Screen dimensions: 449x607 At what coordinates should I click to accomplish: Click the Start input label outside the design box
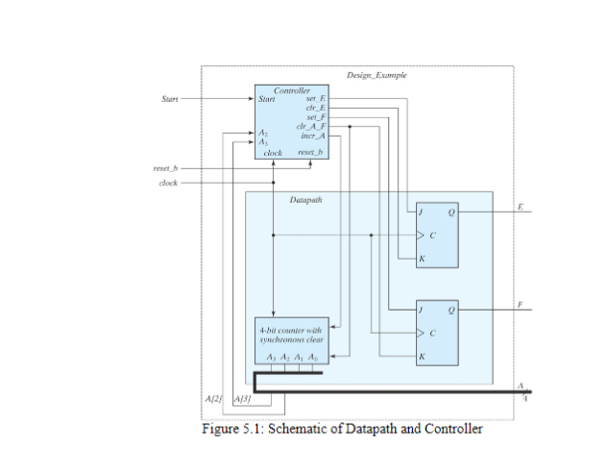[168, 98]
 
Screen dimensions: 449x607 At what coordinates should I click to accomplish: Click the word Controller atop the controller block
[280, 89]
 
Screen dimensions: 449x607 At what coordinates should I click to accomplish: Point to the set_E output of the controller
[315, 98]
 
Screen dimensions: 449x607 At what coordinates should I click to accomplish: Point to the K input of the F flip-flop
[420, 357]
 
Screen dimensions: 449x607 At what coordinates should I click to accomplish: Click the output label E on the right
[520, 206]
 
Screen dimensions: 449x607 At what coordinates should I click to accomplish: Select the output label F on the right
[520, 304]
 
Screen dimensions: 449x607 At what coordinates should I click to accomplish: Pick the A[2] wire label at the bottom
[214, 397]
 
